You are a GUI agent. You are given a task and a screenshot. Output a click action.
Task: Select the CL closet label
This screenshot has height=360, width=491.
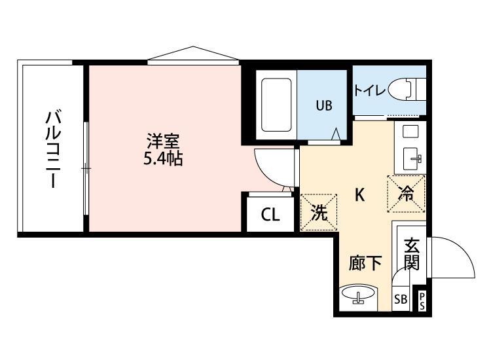click(x=270, y=215)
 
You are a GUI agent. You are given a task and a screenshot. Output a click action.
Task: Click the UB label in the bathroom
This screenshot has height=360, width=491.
click(x=325, y=105)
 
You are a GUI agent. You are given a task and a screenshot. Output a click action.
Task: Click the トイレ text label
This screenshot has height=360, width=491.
click(x=370, y=91)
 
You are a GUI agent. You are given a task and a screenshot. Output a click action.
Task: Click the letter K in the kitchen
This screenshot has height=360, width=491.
click(x=359, y=194)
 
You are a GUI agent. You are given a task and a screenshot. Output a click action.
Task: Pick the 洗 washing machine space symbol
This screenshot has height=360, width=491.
click(x=319, y=212)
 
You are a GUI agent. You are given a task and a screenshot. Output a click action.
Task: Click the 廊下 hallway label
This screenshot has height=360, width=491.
click(x=365, y=263)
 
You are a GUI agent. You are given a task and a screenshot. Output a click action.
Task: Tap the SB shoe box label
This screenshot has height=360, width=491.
click(x=400, y=300)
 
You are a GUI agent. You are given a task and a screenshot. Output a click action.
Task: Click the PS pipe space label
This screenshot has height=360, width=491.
click(x=422, y=301)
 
